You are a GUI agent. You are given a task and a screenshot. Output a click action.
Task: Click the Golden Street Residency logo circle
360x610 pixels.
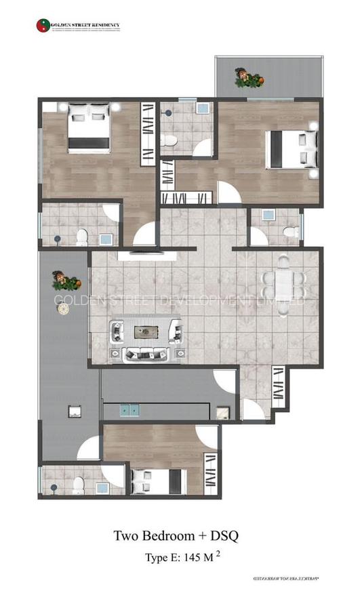42,26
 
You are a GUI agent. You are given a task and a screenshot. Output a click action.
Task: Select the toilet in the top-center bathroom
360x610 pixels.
169,140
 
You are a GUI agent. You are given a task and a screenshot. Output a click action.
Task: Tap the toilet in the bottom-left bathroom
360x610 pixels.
79,483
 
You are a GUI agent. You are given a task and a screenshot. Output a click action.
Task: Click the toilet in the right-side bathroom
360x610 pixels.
290,232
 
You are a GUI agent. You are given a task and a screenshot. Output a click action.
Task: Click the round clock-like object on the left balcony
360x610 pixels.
63,309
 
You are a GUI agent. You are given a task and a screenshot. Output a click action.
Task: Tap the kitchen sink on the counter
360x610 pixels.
129,409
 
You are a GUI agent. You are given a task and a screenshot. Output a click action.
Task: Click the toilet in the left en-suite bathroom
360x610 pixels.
81,236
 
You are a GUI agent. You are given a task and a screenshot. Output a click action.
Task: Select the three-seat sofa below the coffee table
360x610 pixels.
145,354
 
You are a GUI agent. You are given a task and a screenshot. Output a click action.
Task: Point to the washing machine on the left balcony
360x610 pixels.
74,411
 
